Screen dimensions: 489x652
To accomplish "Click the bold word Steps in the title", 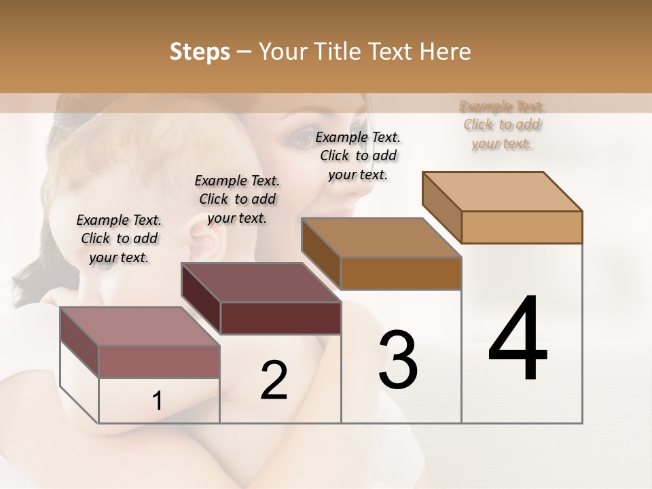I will pos(200,52).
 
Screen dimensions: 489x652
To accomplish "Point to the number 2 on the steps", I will pos(274,380).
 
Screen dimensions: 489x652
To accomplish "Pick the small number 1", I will pos(157,401).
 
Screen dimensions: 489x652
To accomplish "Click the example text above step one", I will pos(119,238).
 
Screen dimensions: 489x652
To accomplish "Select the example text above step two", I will pos(237,199).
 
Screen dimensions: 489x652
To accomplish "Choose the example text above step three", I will pos(358,156).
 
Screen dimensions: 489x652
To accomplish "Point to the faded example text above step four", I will pos(502,124).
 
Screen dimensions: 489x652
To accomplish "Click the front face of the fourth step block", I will pos(522,227).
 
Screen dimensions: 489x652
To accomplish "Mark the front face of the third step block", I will pos(401,273).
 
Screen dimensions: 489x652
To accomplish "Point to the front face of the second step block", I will pos(280,318).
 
